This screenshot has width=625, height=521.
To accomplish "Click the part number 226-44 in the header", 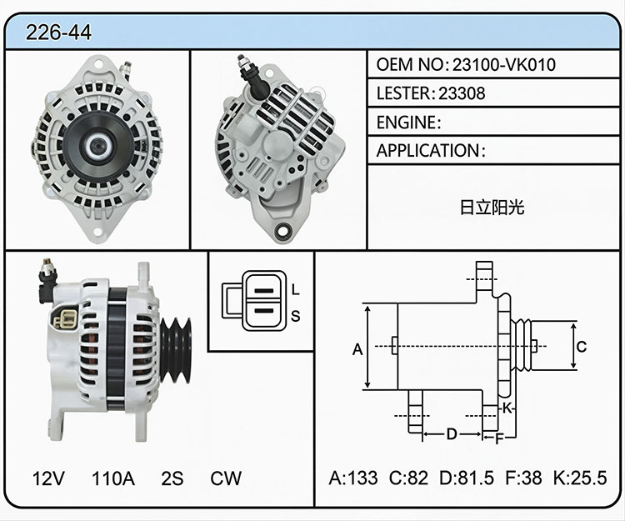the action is coord(58,33).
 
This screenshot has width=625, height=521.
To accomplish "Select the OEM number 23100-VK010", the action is coord(504,64).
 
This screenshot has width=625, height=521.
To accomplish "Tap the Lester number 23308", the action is coord(462,93).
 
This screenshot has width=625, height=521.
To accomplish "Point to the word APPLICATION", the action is coord(428,151).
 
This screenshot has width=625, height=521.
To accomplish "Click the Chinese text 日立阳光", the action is coord(492,208).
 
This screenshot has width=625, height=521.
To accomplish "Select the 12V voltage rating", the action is coord(48,478).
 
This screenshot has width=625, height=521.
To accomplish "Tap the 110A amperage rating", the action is coord(113,478).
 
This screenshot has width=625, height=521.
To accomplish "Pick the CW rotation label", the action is coord(226,478).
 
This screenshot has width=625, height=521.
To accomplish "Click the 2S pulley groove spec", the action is coord(172,478).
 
